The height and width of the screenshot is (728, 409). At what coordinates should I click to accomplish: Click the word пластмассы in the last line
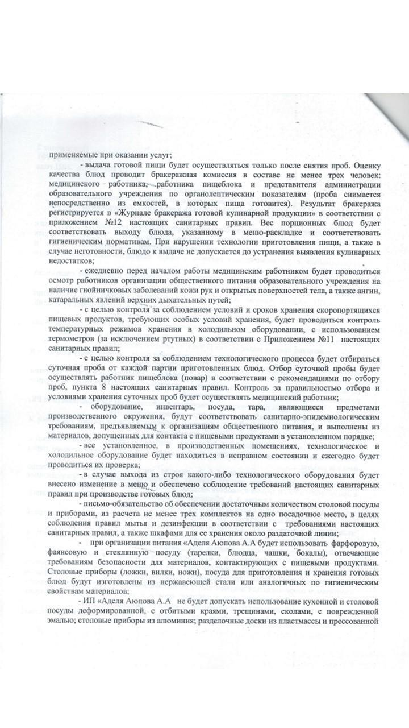point(303,620)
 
